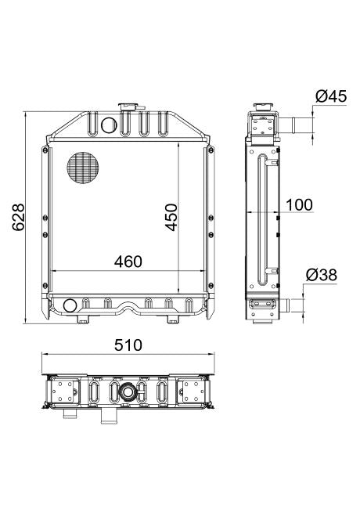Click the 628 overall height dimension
(x=18, y=217)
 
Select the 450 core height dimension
(x=171, y=217)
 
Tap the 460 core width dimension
(x=128, y=262)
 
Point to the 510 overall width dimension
(x=128, y=345)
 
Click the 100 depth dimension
(x=300, y=204)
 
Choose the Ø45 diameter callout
(x=331, y=96)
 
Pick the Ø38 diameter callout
(x=322, y=276)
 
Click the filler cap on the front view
(x=131, y=106)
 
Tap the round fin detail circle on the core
(x=83, y=168)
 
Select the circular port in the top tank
(x=109, y=125)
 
